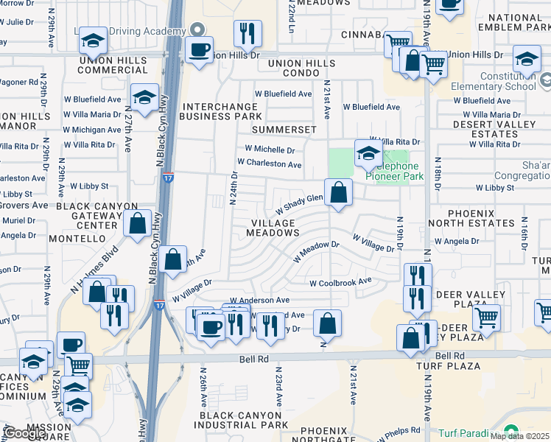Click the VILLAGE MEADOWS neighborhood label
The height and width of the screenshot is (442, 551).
[273, 228]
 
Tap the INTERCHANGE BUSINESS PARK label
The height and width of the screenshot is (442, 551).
[222, 111]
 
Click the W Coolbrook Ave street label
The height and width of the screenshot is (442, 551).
[340, 282]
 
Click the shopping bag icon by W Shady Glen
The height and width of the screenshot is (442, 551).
[337, 193]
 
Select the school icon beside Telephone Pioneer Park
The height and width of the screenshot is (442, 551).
[368, 153]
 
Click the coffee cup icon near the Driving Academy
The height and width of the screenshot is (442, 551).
[199, 49]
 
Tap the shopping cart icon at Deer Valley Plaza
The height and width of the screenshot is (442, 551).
[486, 318]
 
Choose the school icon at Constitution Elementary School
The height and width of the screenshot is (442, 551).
[527, 59]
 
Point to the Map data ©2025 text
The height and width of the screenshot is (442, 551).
[519, 435]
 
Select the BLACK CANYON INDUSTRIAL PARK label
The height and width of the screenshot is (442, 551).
[243, 420]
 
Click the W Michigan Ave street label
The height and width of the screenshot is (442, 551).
[92, 130]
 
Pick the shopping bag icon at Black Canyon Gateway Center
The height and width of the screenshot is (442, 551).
[138, 222]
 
